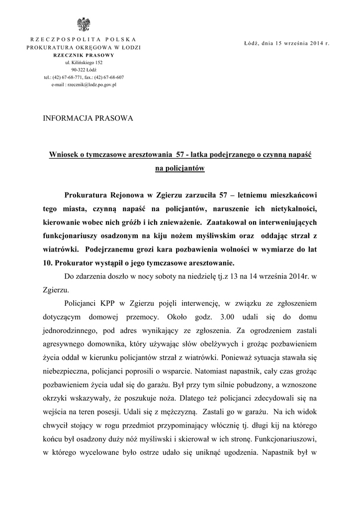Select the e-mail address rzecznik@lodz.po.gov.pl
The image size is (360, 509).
click(x=91, y=85)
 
